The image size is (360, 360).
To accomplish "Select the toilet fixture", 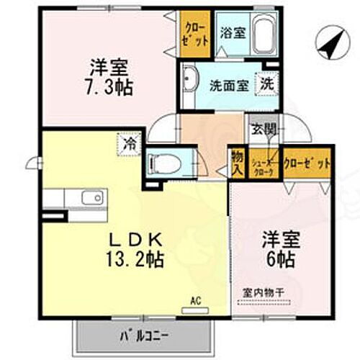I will tap(167, 164).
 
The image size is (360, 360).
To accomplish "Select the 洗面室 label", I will tap(229, 84).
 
